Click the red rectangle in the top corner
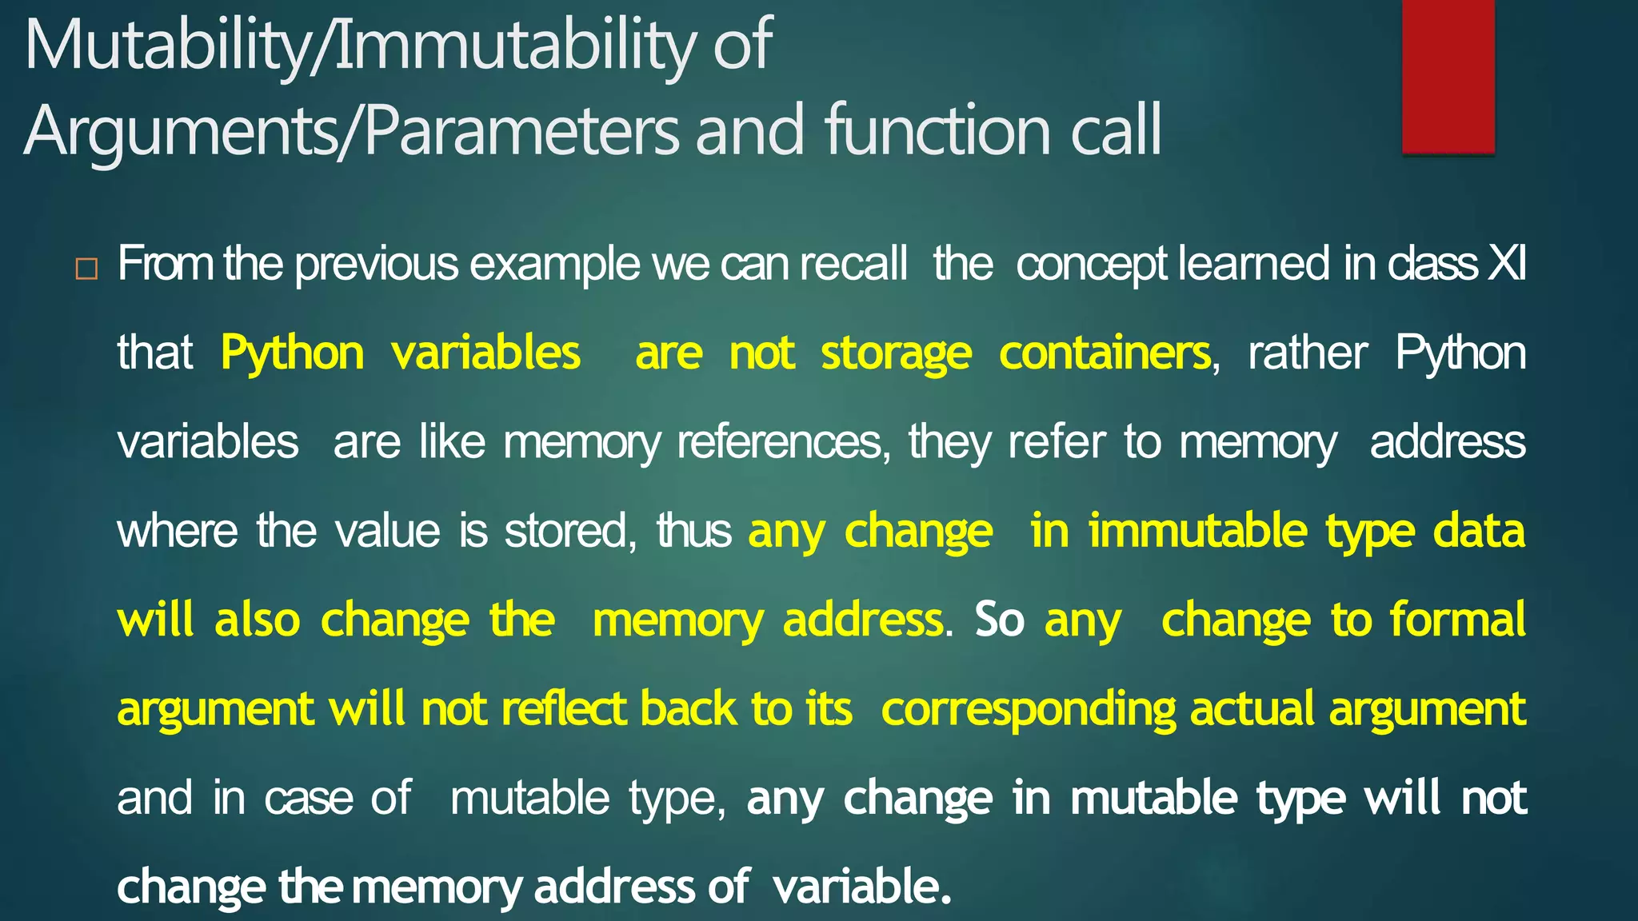(x=1448, y=76)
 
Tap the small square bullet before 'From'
(x=86, y=269)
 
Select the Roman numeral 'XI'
(x=1506, y=264)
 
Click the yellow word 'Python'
(x=293, y=353)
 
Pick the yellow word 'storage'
(x=897, y=353)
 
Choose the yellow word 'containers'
(x=1105, y=353)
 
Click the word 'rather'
(x=1308, y=353)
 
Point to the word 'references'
(x=781, y=442)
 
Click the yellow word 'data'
(x=1479, y=531)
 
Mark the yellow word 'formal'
(x=1458, y=620)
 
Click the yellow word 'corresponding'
(x=1028, y=709)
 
